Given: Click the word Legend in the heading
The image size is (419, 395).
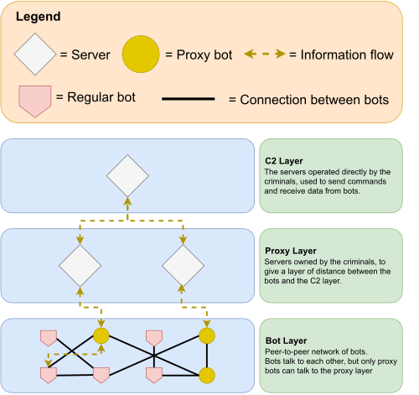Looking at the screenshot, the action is [38, 17].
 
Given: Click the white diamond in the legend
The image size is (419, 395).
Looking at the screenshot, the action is [35, 55].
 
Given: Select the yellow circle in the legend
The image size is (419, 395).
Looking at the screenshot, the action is [141, 55].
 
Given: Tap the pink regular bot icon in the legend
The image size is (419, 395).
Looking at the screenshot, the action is [35, 101].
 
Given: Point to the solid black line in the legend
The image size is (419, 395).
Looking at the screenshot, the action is [189, 99].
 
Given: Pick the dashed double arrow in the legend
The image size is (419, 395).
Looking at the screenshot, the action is [265, 54].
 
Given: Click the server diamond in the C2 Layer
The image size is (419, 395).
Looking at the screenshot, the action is [127, 175].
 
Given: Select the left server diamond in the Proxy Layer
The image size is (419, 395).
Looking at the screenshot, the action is [80, 266].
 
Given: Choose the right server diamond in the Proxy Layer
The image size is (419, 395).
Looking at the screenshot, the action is [183, 266].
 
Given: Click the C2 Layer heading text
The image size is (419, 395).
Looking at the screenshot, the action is [284, 161].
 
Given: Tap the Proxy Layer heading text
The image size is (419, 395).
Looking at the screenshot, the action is [291, 251].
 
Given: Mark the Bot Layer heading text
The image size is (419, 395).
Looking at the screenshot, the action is [286, 340].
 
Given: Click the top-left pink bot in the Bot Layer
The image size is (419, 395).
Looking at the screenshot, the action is [49, 338].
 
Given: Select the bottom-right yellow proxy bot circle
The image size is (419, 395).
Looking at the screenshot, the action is [207, 376].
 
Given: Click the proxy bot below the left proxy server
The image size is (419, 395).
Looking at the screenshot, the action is [101, 335].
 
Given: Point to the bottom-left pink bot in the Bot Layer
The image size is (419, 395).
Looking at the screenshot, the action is [49, 375].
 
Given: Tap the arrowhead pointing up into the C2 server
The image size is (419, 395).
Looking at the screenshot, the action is [127, 201].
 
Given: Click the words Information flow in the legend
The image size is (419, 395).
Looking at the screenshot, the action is [347, 55].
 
